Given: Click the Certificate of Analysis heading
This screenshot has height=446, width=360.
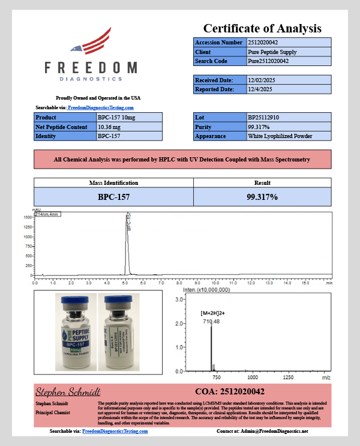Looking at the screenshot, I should (x=262, y=28).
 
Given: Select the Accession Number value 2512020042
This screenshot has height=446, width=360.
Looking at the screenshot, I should (x=268, y=43).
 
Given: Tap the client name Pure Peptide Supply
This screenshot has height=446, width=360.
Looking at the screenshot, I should (x=272, y=52).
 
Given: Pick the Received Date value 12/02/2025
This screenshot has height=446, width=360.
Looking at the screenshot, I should (x=264, y=80).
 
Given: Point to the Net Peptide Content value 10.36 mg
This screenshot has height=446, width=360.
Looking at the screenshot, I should (x=109, y=127).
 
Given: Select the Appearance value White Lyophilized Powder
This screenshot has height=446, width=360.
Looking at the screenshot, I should (x=280, y=136).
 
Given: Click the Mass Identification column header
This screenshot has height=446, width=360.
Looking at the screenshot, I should (x=113, y=183).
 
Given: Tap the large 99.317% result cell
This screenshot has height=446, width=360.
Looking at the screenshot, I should (x=262, y=196).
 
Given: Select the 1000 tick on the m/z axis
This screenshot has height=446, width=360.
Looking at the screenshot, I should (x=252, y=378).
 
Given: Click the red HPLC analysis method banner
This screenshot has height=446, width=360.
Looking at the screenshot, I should (x=182, y=160).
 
